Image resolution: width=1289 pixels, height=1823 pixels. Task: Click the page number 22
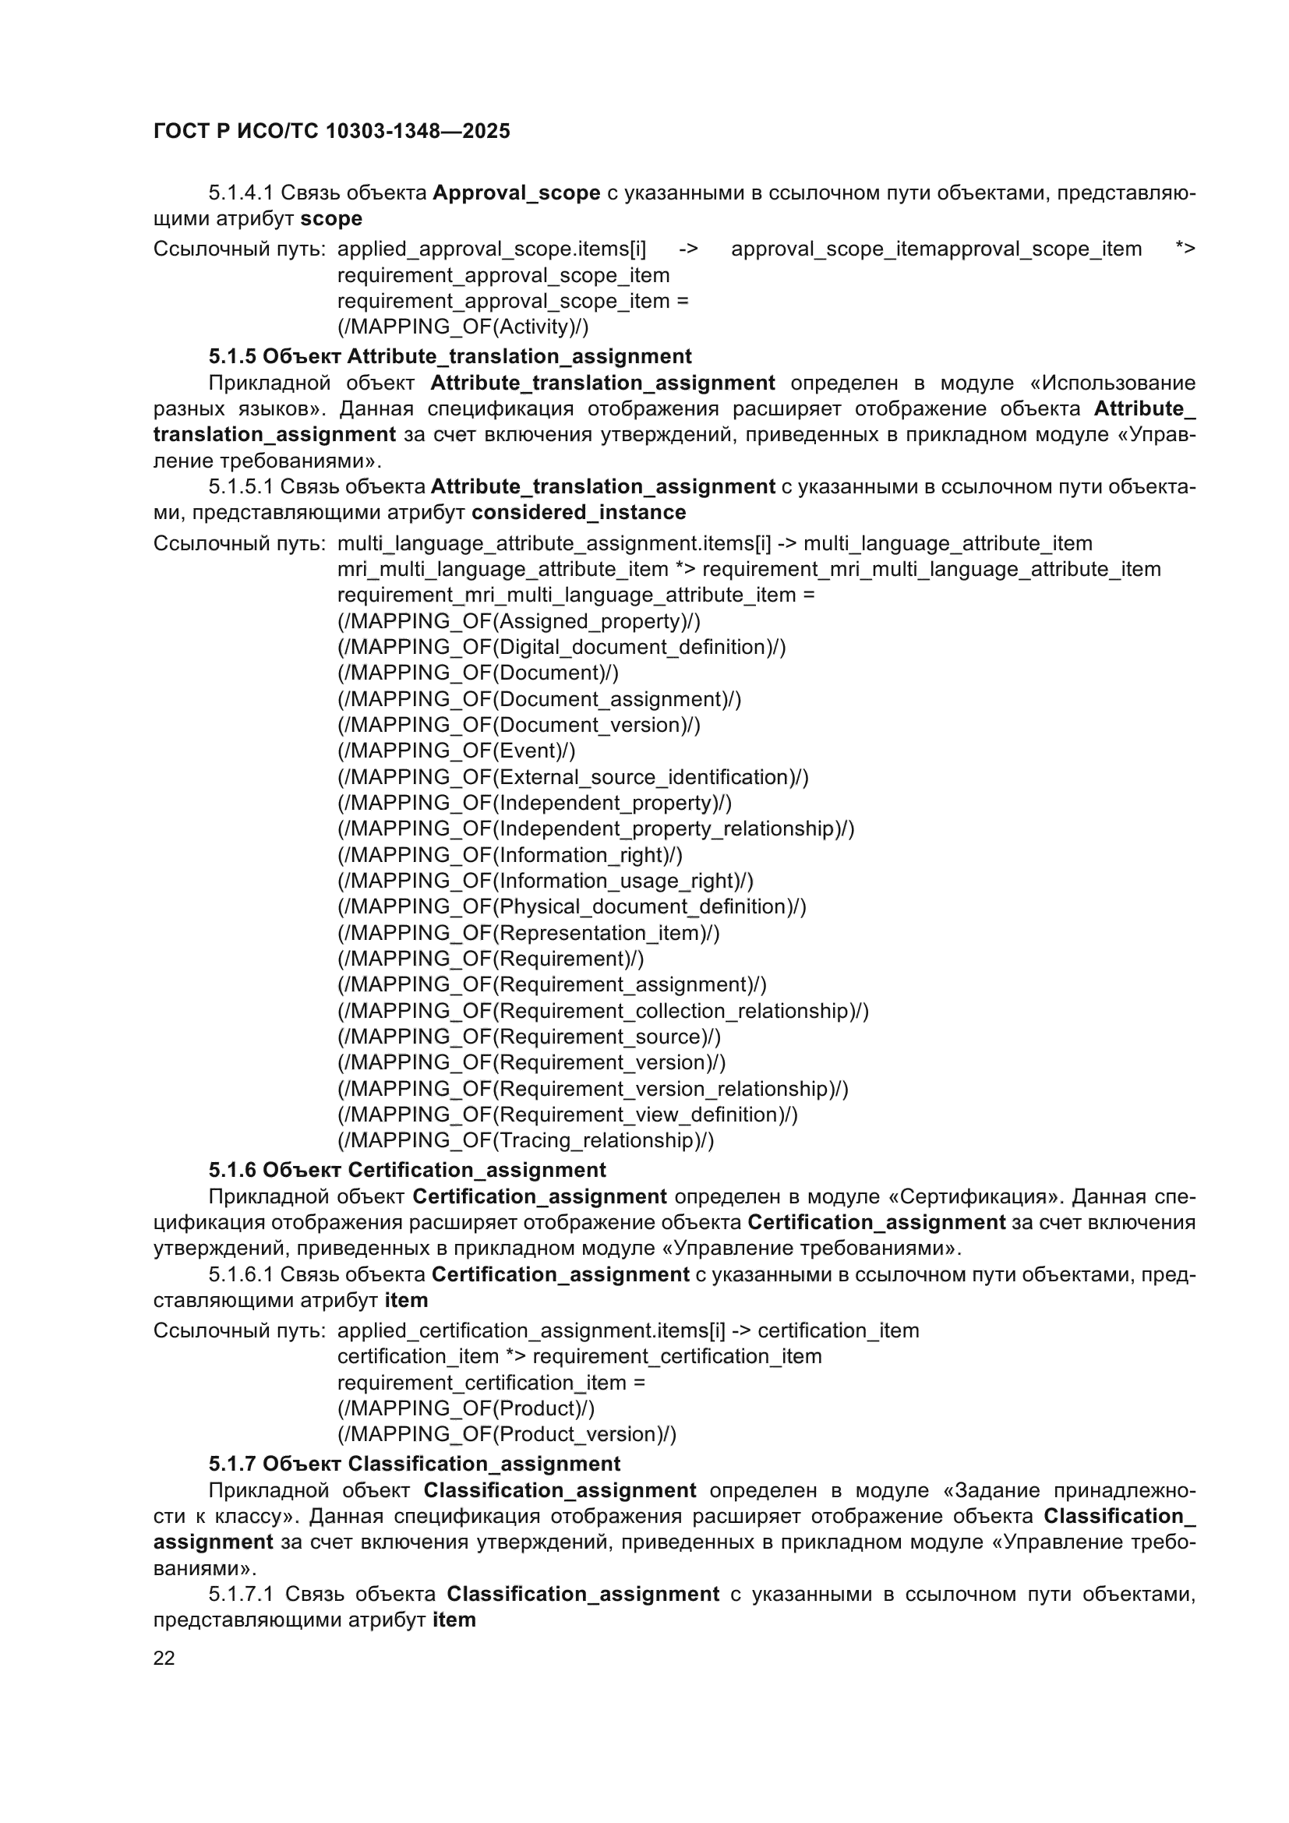tap(164, 1658)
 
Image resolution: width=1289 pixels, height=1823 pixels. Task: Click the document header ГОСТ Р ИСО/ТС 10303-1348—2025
tap(332, 131)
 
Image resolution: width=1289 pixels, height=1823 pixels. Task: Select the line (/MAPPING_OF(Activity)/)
tap(463, 327)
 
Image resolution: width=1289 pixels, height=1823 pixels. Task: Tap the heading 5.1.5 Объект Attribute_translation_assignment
tap(450, 356)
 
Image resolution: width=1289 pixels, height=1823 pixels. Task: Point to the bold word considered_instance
tap(578, 512)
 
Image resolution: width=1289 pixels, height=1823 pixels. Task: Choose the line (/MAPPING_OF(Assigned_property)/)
tap(519, 621)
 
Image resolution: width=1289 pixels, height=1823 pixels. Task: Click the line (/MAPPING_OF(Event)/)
tap(457, 751)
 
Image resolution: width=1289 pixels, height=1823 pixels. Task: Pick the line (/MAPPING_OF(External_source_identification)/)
tap(573, 776)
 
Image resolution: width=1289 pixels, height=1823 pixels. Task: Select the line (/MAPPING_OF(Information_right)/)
tap(510, 854)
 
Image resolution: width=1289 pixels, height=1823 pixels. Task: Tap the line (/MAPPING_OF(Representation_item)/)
tap(528, 932)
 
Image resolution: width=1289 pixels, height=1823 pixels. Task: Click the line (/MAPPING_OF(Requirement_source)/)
tap(529, 1036)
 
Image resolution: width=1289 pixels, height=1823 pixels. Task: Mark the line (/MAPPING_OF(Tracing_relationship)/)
tap(525, 1140)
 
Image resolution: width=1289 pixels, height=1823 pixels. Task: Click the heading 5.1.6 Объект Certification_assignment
tap(407, 1170)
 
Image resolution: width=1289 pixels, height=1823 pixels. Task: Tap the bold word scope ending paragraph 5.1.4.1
tap(331, 218)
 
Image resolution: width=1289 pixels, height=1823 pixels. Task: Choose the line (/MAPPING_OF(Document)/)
tap(478, 673)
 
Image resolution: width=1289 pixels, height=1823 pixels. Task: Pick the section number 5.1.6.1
tap(242, 1274)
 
